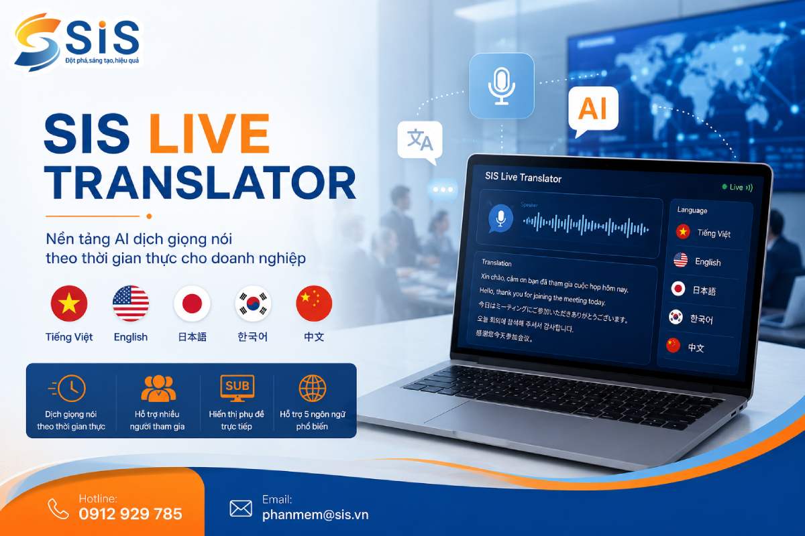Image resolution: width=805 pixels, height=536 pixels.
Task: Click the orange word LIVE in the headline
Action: click(209, 133)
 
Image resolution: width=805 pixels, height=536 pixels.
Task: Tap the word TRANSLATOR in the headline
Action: click(200, 183)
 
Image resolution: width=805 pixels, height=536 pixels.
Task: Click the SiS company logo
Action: click(77, 42)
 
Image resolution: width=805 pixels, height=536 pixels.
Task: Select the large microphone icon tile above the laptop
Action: click(502, 86)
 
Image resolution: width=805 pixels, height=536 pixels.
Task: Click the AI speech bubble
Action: click(593, 109)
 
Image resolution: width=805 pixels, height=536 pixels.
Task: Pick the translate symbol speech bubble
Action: click(420, 141)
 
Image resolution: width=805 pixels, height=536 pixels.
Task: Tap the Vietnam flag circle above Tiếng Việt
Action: click(69, 304)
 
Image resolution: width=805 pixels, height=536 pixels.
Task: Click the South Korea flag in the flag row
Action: click(253, 304)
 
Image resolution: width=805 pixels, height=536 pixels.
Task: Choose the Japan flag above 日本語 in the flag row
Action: click(192, 304)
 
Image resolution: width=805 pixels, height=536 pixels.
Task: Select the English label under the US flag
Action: click(130, 337)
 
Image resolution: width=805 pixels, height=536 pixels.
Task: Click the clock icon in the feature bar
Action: click(68, 388)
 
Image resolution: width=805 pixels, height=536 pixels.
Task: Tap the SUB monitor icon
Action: click(237, 388)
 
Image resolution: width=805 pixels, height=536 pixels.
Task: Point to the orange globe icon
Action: click(313, 388)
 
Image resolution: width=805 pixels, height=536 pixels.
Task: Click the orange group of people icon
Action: click(158, 388)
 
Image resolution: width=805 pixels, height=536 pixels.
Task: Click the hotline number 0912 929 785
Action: click(130, 514)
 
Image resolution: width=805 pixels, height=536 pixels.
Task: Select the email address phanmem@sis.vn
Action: click(315, 515)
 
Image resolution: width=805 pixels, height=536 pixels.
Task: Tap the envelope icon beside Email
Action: click(241, 509)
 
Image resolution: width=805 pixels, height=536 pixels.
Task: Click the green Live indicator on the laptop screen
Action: click(737, 187)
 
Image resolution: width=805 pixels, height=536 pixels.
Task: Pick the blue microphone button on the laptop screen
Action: click(500, 218)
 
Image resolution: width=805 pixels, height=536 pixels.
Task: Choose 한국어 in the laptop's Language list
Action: click(701, 319)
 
